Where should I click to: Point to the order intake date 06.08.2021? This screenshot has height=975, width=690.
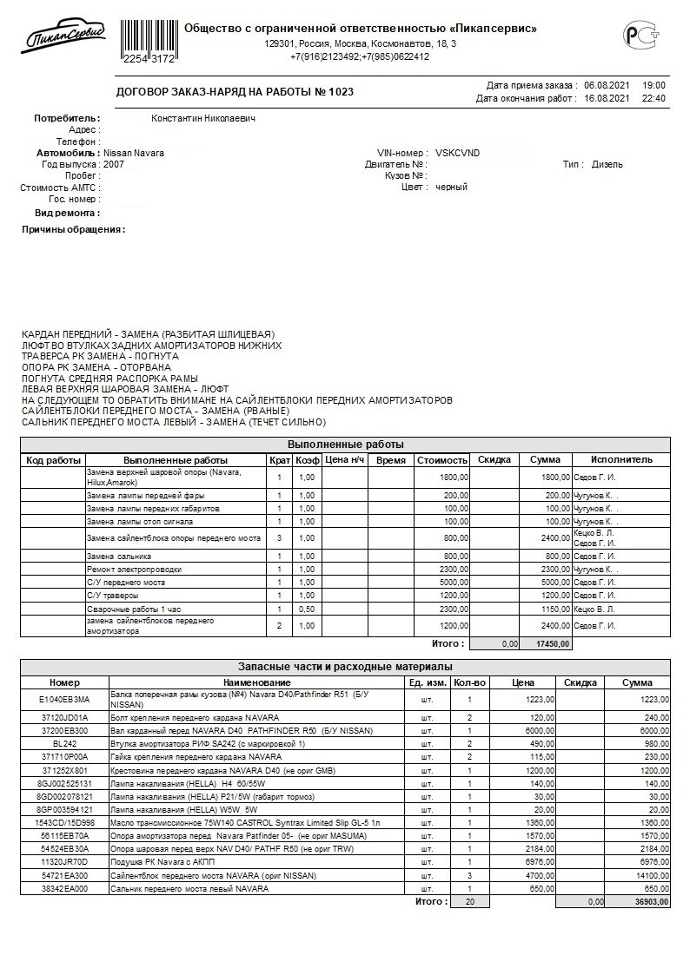pyautogui.click(x=606, y=85)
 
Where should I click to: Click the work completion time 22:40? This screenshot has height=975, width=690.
pyautogui.click(x=654, y=98)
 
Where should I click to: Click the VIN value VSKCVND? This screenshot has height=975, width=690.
pyautogui.click(x=457, y=153)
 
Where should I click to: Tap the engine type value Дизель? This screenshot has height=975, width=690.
pyautogui.click(x=607, y=164)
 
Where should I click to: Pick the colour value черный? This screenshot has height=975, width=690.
pyautogui.click(x=451, y=187)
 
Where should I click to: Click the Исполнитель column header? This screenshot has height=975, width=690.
pyautogui.click(x=620, y=459)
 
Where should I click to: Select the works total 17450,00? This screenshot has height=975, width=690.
pyautogui.click(x=553, y=643)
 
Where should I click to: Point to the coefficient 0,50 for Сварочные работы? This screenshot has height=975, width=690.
pyautogui.click(x=307, y=610)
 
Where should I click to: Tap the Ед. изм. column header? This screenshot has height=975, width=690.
pyautogui.click(x=428, y=682)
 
